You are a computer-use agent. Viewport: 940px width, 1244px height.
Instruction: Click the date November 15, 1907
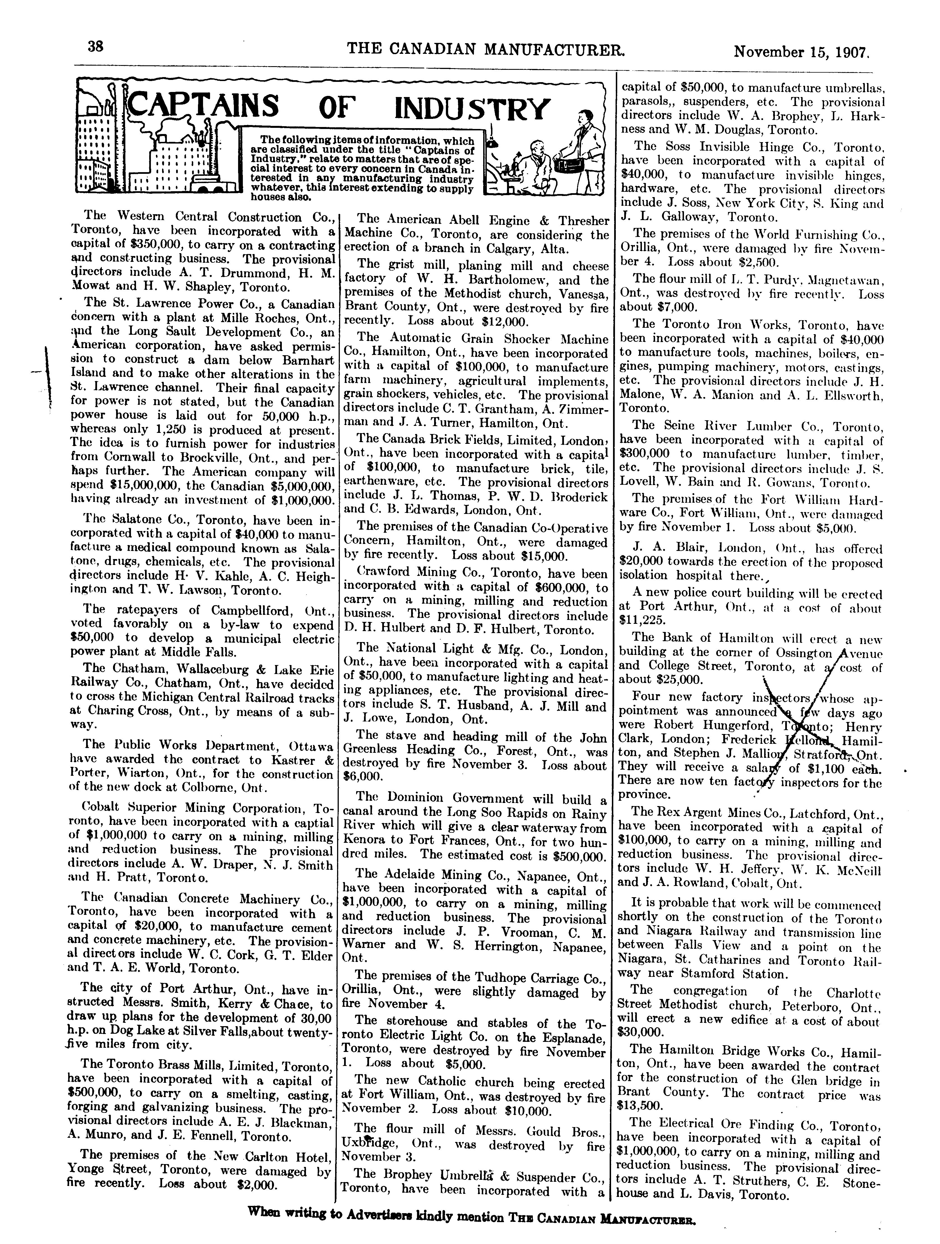click(x=802, y=52)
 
